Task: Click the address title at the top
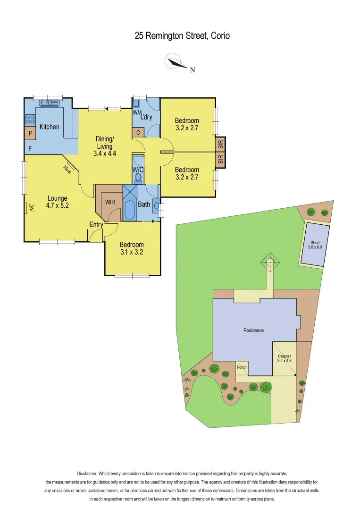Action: click(x=182, y=35)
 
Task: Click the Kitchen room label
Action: click(x=50, y=127)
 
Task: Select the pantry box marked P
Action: click(x=30, y=134)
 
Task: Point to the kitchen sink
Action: click(x=49, y=102)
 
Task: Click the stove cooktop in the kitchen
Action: click(x=30, y=119)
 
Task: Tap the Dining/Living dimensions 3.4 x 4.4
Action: click(x=105, y=153)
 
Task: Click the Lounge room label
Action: click(x=57, y=198)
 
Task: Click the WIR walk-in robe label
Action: click(x=110, y=202)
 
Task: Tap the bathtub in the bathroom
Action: click(x=129, y=210)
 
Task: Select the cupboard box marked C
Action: click(x=138, y=133)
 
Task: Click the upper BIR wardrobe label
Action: click(x=220, y=144)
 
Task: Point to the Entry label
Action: click(x=96, y=225)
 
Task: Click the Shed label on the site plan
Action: click(x=315, y=243)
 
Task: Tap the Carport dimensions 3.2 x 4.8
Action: click(x=284, y=361)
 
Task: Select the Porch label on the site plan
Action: click(x=242, y=367)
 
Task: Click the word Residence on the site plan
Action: click(x=254, y=330)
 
